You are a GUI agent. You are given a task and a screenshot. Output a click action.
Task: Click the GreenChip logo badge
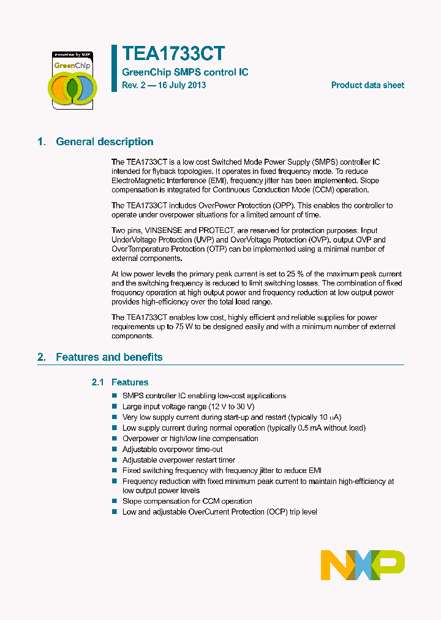[x=72, y=79]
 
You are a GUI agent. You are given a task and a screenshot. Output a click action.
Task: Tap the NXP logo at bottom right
[x=363, y=565]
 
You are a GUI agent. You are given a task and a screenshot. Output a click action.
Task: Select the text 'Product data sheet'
[x=367, y=85]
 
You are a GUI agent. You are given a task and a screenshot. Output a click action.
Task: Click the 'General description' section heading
[x=105, y=142]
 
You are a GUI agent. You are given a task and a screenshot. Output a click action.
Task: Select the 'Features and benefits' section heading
[x=109, y=357]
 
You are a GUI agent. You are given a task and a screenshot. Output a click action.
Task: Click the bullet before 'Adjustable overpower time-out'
[x=115, y=449]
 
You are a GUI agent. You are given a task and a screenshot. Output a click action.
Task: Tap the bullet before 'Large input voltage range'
[x=115, y=407]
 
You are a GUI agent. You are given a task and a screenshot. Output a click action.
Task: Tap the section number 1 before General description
[x=41, y=142]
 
